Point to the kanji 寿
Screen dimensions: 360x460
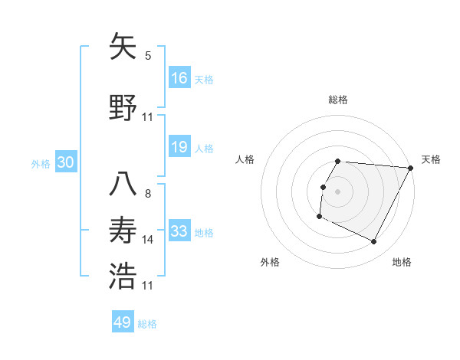[x=123, y=229]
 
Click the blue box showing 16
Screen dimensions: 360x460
[x=179, y=78]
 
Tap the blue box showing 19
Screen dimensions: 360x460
[x=179, y=147]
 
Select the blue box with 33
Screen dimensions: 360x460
[x=179, y=231]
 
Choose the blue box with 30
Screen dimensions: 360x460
[x=65, y=163]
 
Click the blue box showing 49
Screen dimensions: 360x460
[x=123, y=322]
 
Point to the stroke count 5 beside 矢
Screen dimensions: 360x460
[x=148, y=56]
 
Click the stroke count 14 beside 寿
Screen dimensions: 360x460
[x=148, y=240]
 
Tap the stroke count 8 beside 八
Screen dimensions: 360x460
[x=148, y=193]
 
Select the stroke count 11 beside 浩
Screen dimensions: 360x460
[x=148, y=286]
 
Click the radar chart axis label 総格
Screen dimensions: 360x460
[x=337, y=100]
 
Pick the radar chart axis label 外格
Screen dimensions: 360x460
[x=270, y=262]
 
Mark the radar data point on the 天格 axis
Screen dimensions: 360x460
[x=410, y=168]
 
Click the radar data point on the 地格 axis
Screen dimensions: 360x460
[x=374, y=241]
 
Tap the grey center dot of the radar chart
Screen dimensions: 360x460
[x=337, y=191]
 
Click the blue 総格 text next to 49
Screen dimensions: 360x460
[x=148, y=324]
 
